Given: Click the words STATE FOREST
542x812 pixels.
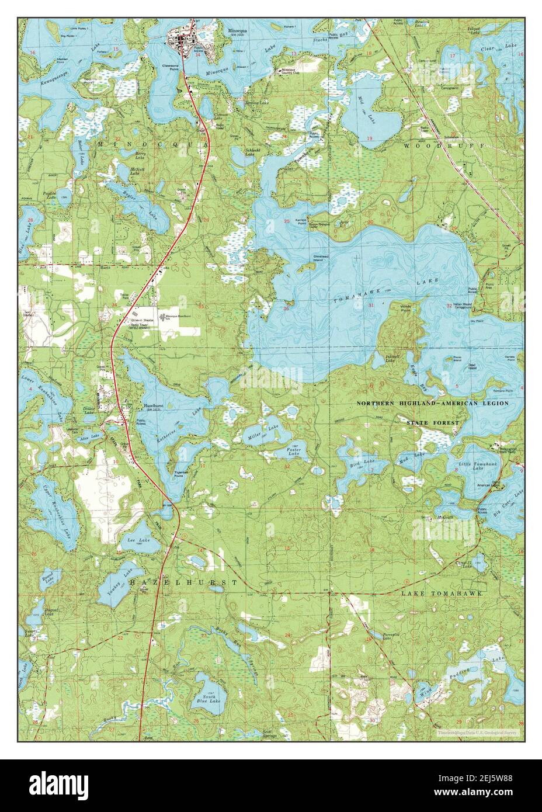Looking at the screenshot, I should [433, 422].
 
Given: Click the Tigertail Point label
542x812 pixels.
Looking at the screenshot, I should [176, 473].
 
